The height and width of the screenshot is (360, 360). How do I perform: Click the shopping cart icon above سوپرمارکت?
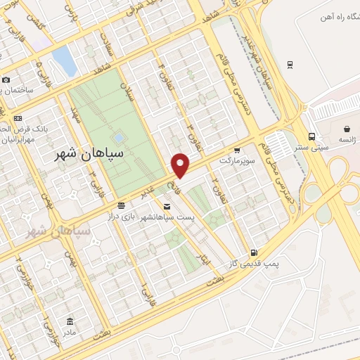(237, 150)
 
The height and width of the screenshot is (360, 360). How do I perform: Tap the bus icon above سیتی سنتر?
(311, 137)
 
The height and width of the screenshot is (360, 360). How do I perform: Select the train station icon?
(290, 65)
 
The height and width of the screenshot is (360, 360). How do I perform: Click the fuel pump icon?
(253, 252)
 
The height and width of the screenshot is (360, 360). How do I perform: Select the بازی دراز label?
(121, 216)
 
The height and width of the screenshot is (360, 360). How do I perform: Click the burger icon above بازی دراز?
(122, 205)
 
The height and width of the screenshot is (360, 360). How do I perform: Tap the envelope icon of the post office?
(166, 206)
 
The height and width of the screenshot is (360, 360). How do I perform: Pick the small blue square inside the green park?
(118, 138)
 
